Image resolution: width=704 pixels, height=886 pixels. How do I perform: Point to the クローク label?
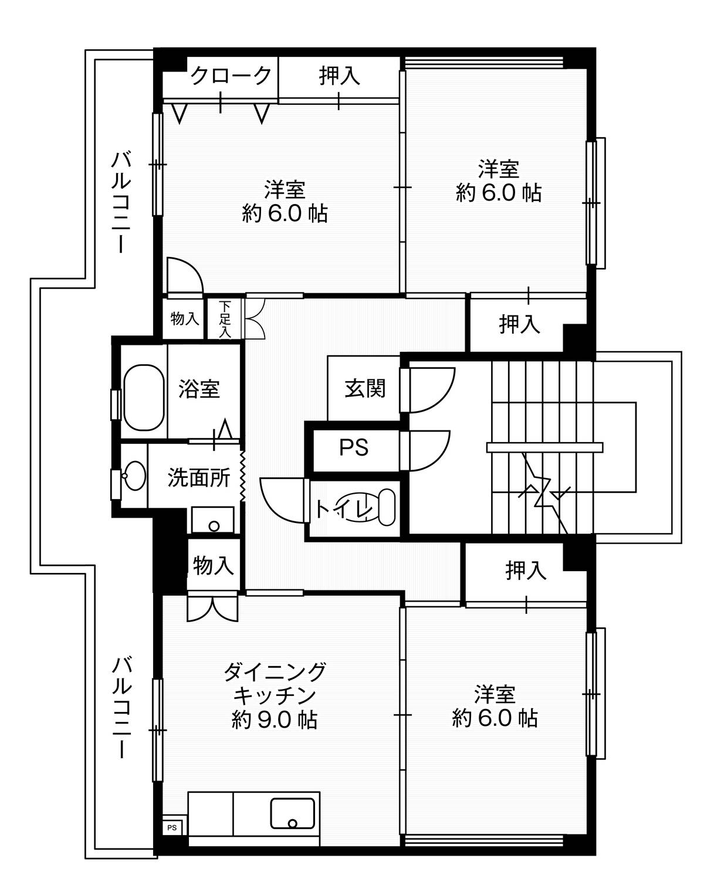coord(231,75)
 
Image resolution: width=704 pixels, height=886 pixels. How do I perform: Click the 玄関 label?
coord(365,388)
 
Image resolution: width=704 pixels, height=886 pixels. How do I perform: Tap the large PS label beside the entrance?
coord(353,447)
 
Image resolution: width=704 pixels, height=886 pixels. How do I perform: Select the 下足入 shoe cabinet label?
coord(225,320)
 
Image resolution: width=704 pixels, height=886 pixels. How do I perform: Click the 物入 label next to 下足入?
coord(185,318)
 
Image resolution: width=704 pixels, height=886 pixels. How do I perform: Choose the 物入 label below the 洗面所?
coord(214,565)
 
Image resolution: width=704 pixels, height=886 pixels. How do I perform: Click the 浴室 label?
coord(199,388)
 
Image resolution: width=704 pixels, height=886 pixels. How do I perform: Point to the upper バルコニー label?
coord(121,202)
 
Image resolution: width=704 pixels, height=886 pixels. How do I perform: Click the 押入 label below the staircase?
coord(526,570)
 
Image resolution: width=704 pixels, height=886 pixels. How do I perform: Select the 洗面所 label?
coord(198,477)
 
